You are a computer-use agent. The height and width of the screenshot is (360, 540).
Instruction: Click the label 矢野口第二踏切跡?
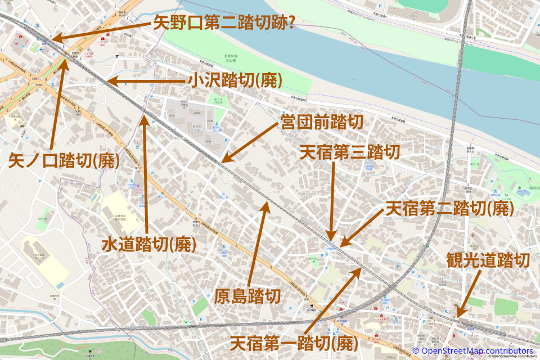(x=225, y=23)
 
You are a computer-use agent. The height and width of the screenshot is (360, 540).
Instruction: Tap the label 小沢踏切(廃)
(x=235, y=81)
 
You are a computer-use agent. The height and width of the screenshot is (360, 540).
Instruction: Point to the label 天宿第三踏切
(x=349, y=152)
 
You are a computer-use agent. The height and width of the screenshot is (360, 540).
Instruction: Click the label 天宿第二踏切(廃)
(x=448, y=209)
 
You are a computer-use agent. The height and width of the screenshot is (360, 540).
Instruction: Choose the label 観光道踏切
(x=488, y=260)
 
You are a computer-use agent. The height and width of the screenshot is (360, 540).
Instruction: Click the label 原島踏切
(x=247, y=296)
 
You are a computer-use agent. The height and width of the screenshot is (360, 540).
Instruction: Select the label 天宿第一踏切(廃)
(x=294, y=341)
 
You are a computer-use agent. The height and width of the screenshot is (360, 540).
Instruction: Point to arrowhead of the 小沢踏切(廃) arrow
(x=108, y=81)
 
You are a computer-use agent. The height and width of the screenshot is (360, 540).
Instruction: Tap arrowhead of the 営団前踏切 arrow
(x=222, y=162)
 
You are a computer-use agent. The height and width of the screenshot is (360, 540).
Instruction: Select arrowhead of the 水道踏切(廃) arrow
(x=144, y=116)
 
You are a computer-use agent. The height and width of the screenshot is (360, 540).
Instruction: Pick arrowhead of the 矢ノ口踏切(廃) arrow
(x=66, y=56)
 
